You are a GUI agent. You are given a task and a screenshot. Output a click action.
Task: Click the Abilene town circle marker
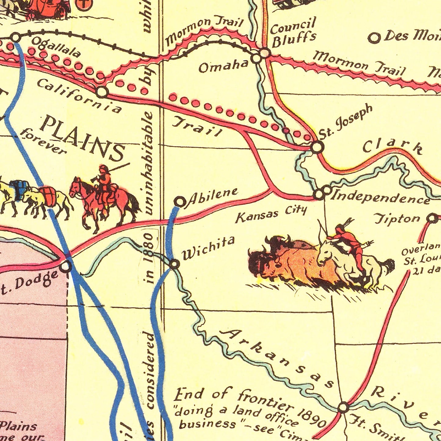coord(180,202)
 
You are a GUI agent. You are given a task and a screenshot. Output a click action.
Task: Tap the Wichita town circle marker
coord(174,264)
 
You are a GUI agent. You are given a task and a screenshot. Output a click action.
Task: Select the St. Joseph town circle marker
coord(317,147)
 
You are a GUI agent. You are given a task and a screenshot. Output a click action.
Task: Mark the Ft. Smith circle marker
coord(343,407)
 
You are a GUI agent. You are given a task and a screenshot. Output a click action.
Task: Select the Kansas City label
coord(271,214)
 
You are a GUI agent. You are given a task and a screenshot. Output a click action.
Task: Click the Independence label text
coord(381,197)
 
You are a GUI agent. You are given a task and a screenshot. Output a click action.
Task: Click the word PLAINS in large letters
coord(83,137)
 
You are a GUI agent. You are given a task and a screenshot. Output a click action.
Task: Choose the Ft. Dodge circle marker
coord(66,267)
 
